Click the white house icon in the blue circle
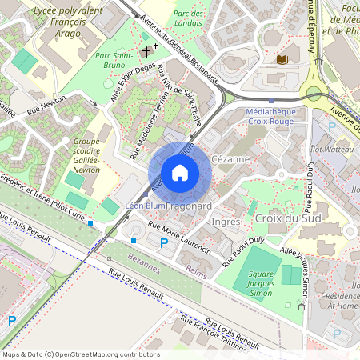pyautogui.click(x=180, y=173)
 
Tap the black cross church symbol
pyautogui.click(x=146, y=51)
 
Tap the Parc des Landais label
pyautogui.click(x=189, y=18)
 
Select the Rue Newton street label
pyautogui.click(x=46, y=110)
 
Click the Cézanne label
pyautogui.click(x=231, y=159)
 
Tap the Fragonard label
pyautogui.click(x=189, y=206)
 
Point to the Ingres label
pyautogui.click(x=226, y=221)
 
